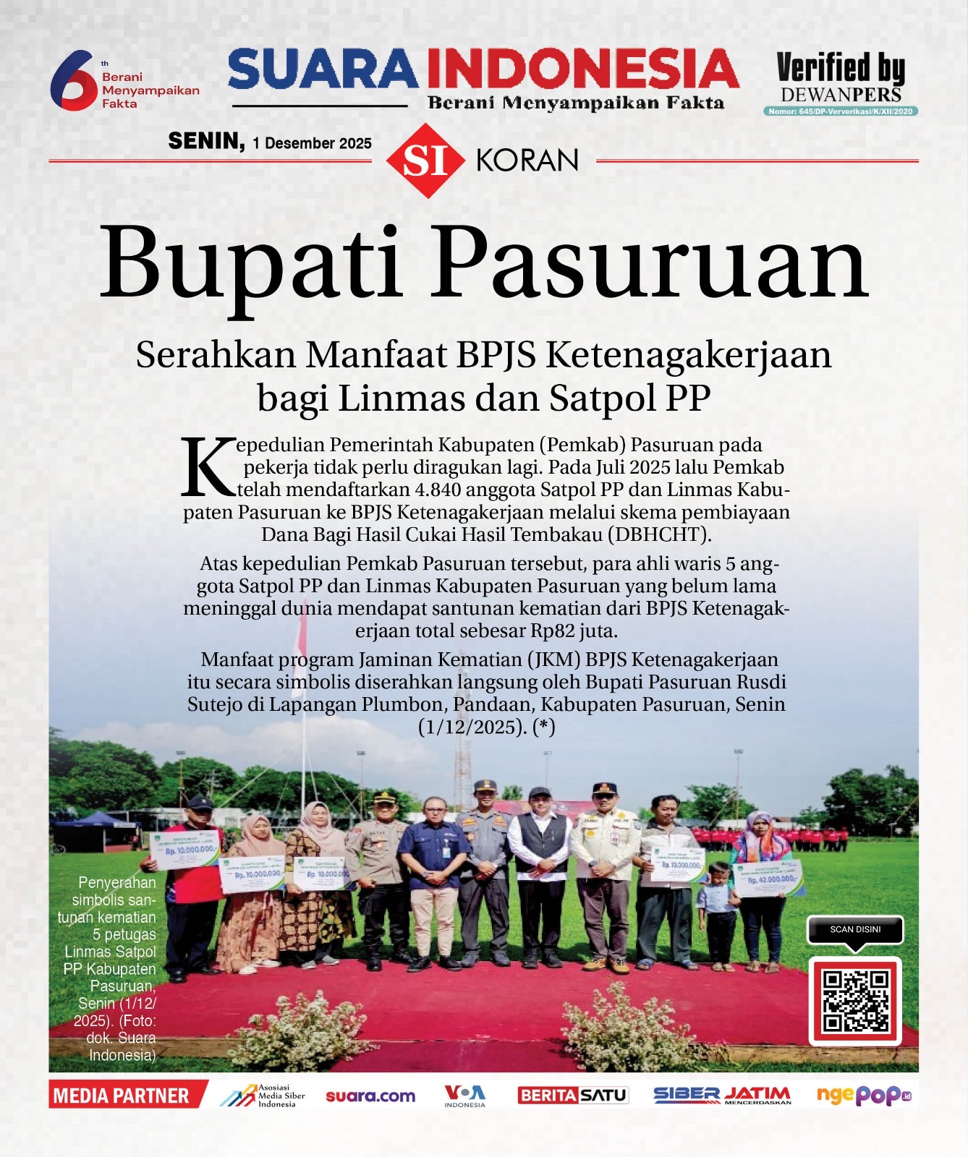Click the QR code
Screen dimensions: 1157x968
coord(855,1001)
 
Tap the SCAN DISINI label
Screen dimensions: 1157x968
coord(855,929)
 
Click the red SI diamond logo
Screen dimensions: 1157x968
coord(425,161)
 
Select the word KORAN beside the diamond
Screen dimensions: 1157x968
coord(527,161)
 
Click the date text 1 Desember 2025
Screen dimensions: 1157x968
coord(313,143)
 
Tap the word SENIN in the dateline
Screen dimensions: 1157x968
coord(206,141)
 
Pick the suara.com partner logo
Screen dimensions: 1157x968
coord(370,1096)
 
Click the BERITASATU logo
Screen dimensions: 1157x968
coord(573,1096)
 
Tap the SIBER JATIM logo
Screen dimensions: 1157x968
coord(722,1096)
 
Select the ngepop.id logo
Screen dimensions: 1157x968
coord(863,1096)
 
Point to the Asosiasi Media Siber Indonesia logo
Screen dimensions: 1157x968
coord(263,1096)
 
